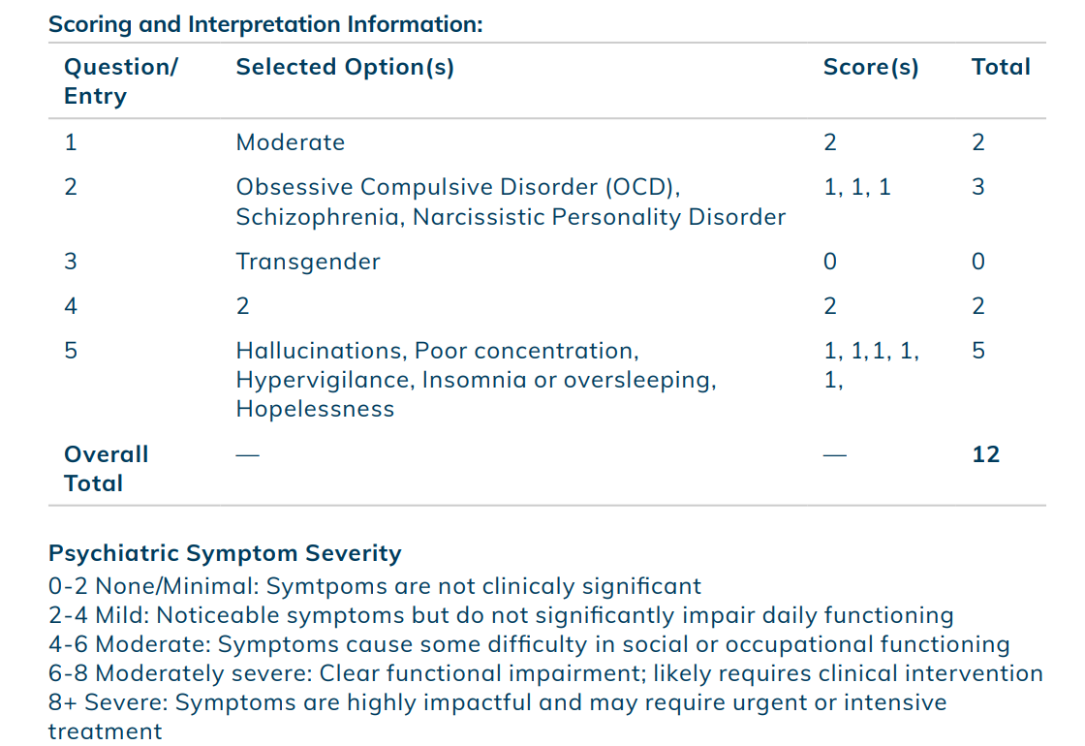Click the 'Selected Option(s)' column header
pyautogui.click(x=345, y=67)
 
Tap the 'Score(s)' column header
pyautogui.click(x=871, y=67)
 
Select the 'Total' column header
pyautogui.click(x=1001, y=67)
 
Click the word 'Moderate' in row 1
pyautogui.click(x=291, y=142)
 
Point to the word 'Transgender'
pyautogui.click(x=308, y=263)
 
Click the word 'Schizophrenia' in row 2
pyautogui.click(x=319, y=217)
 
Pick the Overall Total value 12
pyautogui.click(x=985, y=454)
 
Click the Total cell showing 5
pyautogui.click(x=977, y=350)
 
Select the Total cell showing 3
pyautogui.click(x=977, y=187)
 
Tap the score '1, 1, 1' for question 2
pyautogui.click(x=856, y=188)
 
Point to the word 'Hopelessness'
pyautogui.click(x=315, y=409)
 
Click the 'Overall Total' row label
pyautogui.click(x=106, y=469)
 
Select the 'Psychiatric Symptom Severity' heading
pyautogui.click(x=225, y=553)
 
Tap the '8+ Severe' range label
pyautogui.click(x=108, y=702)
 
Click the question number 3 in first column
pyautogui.click(x=71, y=262)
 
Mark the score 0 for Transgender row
pyautogui.click(x=830, y=262)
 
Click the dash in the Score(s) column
pyautogui.click(x=835, y=455)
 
